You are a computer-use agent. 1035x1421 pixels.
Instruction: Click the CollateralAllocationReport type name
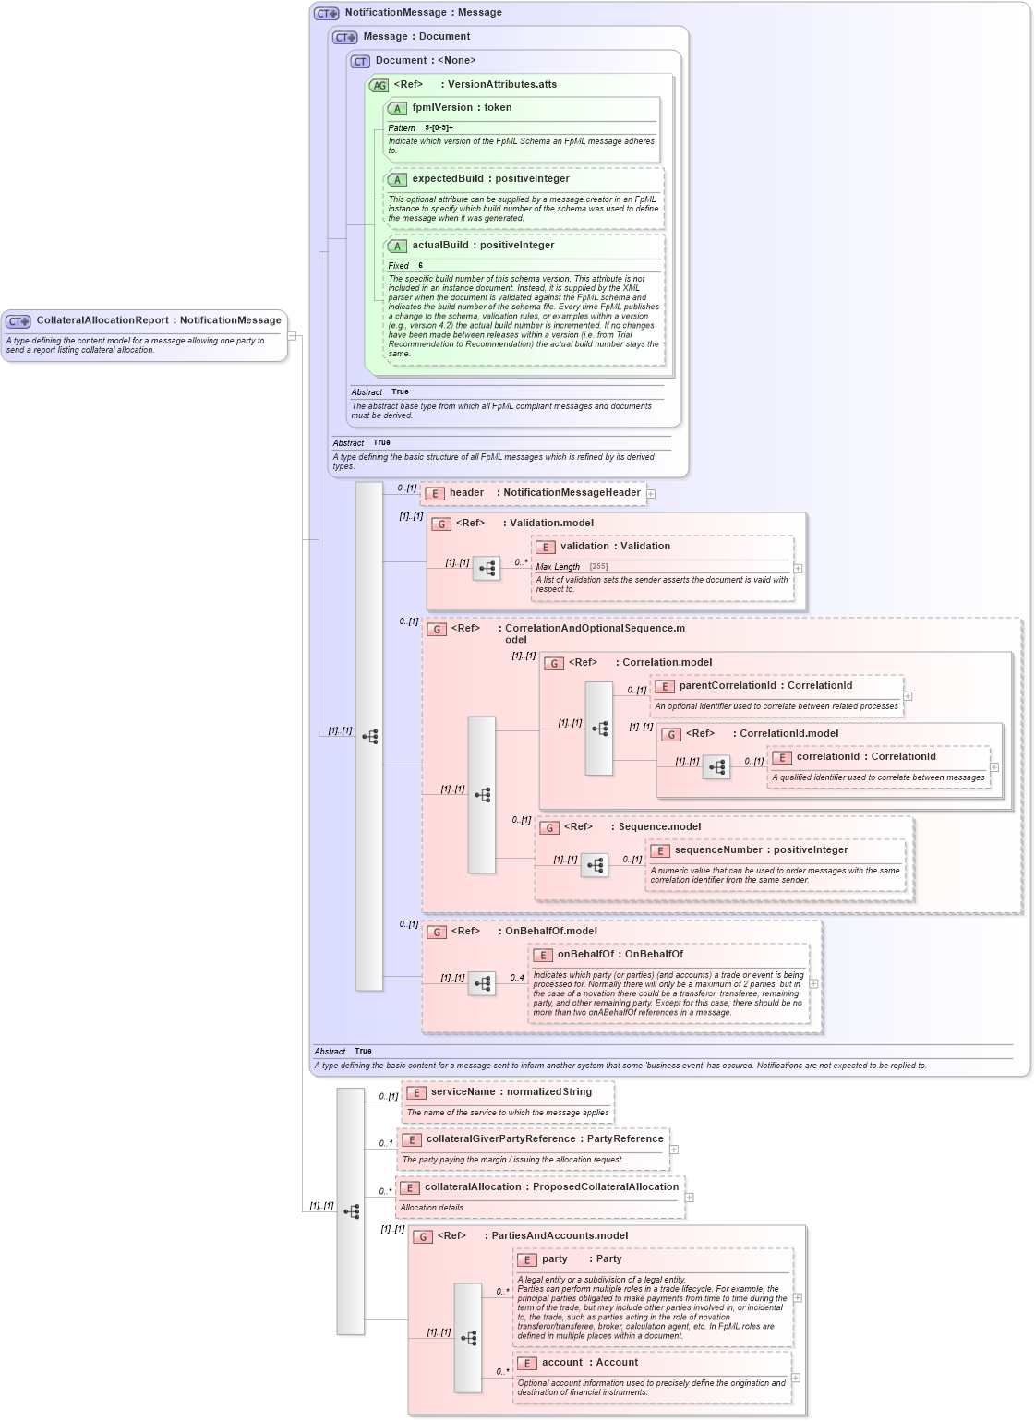[x=102, y=320]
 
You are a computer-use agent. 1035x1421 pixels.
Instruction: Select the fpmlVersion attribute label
[x=441, y=108]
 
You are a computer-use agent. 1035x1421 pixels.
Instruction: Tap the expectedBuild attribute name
[x=447, y=179]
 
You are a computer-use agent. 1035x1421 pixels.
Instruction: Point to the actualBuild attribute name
[x=439, y=246]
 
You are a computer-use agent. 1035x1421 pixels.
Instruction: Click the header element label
[x=466, y=493]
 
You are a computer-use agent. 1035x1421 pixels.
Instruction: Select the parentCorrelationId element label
[x=727, y=686]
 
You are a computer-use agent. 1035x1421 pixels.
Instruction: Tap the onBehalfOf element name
[x=585, y=955]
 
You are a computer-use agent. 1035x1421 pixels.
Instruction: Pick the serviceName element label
[x=463, y=1092]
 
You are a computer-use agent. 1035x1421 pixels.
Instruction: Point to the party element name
[x=554, y=1259]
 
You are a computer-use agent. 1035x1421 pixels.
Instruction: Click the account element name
[x=561, y=1363]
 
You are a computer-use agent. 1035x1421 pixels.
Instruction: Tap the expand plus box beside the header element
[x=651, y=494]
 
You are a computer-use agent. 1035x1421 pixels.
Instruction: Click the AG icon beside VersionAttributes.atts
[x=379, y=86]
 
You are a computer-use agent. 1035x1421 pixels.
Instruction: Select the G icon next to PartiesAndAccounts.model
[x=423, y=1237]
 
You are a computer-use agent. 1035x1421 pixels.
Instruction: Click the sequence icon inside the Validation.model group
[x=487, y=568]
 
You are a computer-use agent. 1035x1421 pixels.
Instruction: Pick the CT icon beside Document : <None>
[x=360, y=62]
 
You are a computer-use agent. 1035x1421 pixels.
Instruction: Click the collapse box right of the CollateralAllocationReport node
[x=292, y=336]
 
